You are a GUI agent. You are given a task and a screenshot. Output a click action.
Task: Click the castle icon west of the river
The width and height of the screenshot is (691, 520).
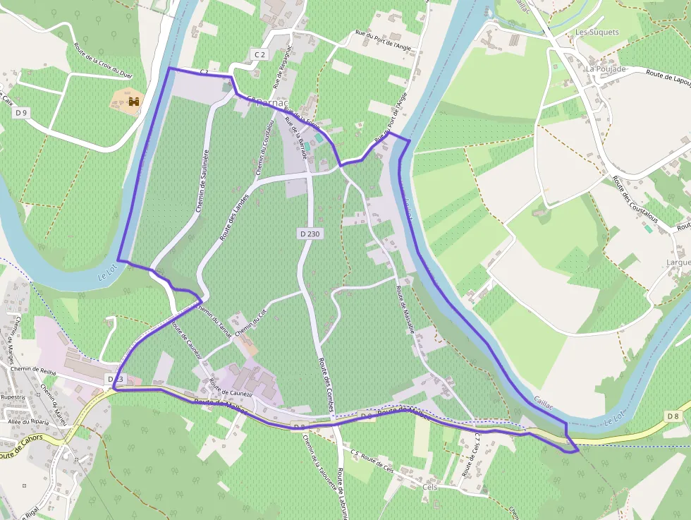(133, 102)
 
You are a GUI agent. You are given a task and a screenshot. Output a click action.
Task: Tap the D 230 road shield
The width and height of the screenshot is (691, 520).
(310, 233)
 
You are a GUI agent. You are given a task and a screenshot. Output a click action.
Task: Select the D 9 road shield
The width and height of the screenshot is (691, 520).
(21, 113)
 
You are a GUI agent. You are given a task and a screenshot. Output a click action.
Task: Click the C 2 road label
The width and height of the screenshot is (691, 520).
(260, 54)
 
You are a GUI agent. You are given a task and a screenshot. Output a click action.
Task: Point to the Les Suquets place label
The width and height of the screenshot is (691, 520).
(597, 32)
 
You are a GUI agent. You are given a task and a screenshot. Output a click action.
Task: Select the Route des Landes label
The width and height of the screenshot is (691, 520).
(234, 217)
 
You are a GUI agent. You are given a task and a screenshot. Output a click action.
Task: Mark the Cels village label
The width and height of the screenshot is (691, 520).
(429, 488)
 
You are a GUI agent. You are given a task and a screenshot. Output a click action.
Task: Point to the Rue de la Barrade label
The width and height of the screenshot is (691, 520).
(296, 138)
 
